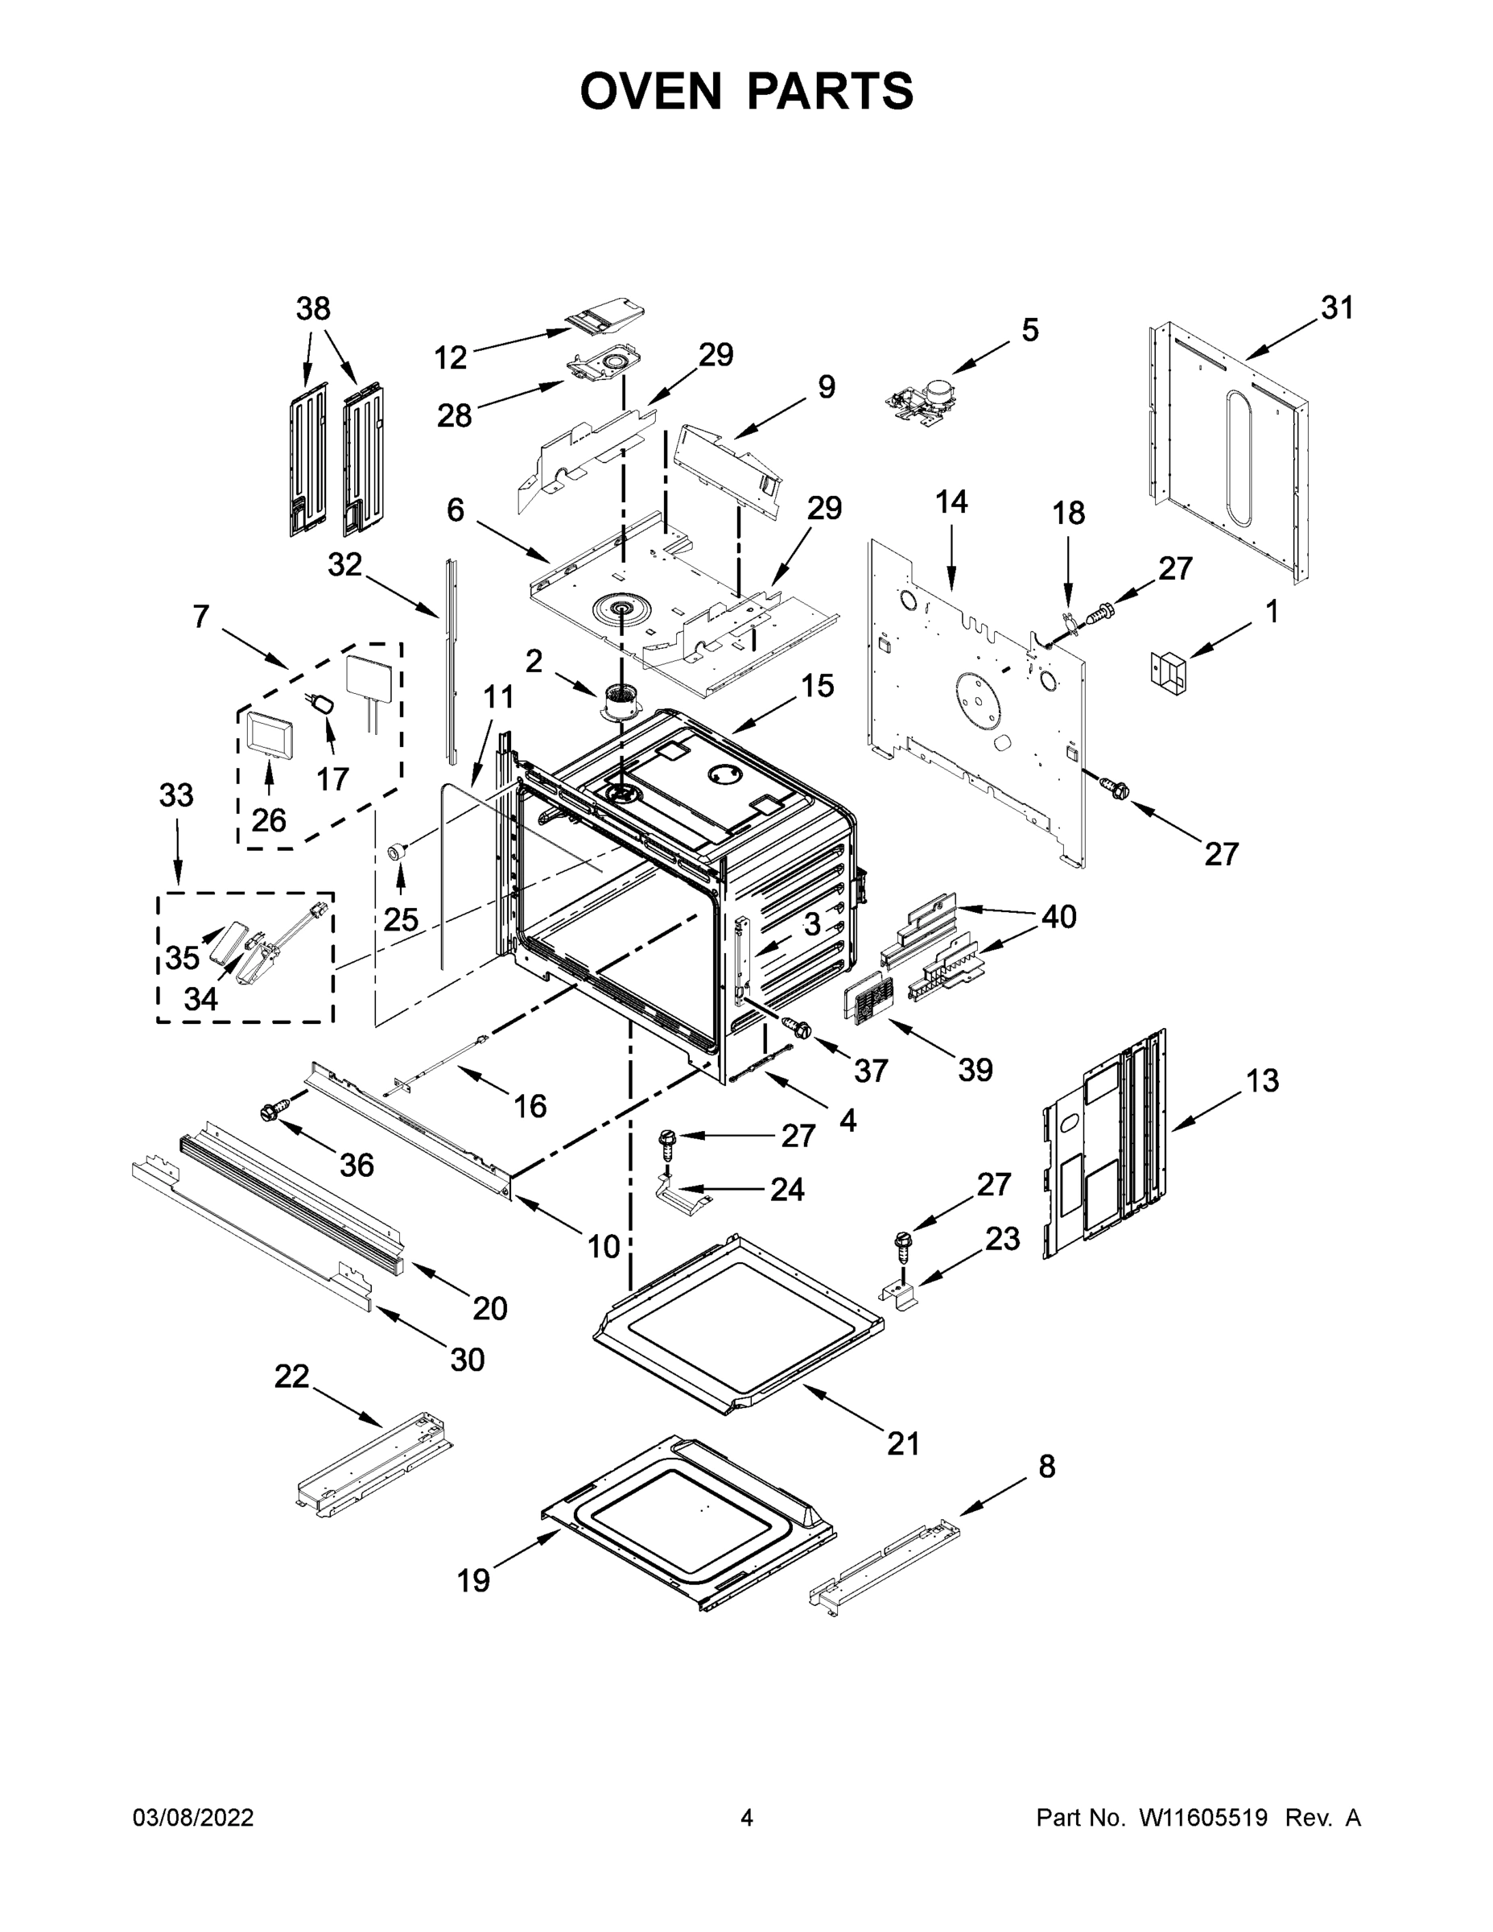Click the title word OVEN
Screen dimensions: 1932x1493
click(650, 91)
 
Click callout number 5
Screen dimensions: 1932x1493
click(1029, 330)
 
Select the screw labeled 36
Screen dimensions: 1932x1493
click(274, 1111)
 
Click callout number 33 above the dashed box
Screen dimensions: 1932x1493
click(176, 795)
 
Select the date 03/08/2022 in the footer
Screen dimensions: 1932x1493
click(193, 1818)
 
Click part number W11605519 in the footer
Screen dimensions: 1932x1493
click(1203, 1818)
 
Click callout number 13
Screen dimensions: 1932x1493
click(1262, 1080)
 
